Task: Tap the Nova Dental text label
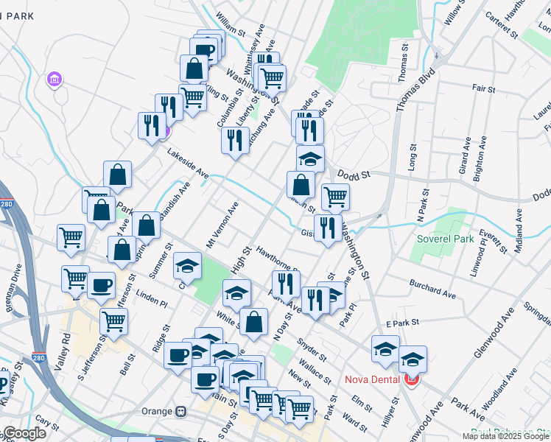[x=373, y=380]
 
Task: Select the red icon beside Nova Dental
[x=411, y=380]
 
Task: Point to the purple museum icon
[x=55, y=79]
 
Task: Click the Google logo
[x=24, y=433]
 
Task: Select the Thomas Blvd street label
[x=415, y=89]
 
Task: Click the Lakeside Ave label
[x=188, y=165]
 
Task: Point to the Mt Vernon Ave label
[x=222, y=225]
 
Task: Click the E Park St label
[x=401, y=323]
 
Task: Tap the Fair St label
[x=483, y=88]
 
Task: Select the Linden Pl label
[x=152, y=301]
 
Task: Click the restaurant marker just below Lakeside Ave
[x=235, y=140]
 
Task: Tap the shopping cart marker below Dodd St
[x=335, y=197]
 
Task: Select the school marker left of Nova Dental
[x=385, y=349]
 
